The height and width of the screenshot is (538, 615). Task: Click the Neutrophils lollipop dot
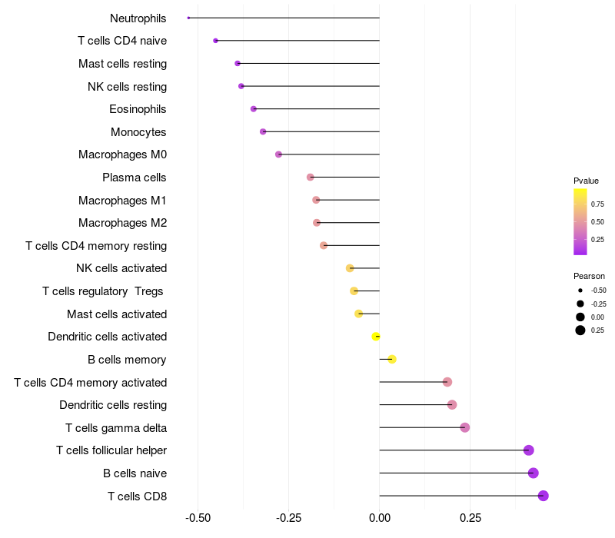188,18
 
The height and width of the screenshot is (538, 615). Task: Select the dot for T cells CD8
544,496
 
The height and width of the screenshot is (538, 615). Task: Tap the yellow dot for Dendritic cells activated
376,337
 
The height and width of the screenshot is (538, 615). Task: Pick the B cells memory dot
392,359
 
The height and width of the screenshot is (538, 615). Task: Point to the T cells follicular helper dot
529,450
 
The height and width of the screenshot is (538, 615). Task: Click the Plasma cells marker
311,178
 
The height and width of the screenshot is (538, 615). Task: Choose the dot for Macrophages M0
278,154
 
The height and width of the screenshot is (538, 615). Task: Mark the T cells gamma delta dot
465,427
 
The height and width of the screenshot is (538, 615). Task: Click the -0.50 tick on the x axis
198,518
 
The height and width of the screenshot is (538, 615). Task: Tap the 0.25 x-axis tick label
470,518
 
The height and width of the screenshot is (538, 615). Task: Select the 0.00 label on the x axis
380,518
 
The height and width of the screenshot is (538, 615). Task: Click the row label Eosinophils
138,109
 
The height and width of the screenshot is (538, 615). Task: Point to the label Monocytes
138,132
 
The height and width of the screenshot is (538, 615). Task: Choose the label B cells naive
135,473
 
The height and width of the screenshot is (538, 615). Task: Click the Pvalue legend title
586,181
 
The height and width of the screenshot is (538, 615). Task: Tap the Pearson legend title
589,276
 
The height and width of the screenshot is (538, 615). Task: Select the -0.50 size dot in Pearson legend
580,291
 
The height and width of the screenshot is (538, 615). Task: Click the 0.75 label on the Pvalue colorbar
597,204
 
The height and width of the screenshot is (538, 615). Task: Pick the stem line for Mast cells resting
308,64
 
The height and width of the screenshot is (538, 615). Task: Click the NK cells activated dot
350,268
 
